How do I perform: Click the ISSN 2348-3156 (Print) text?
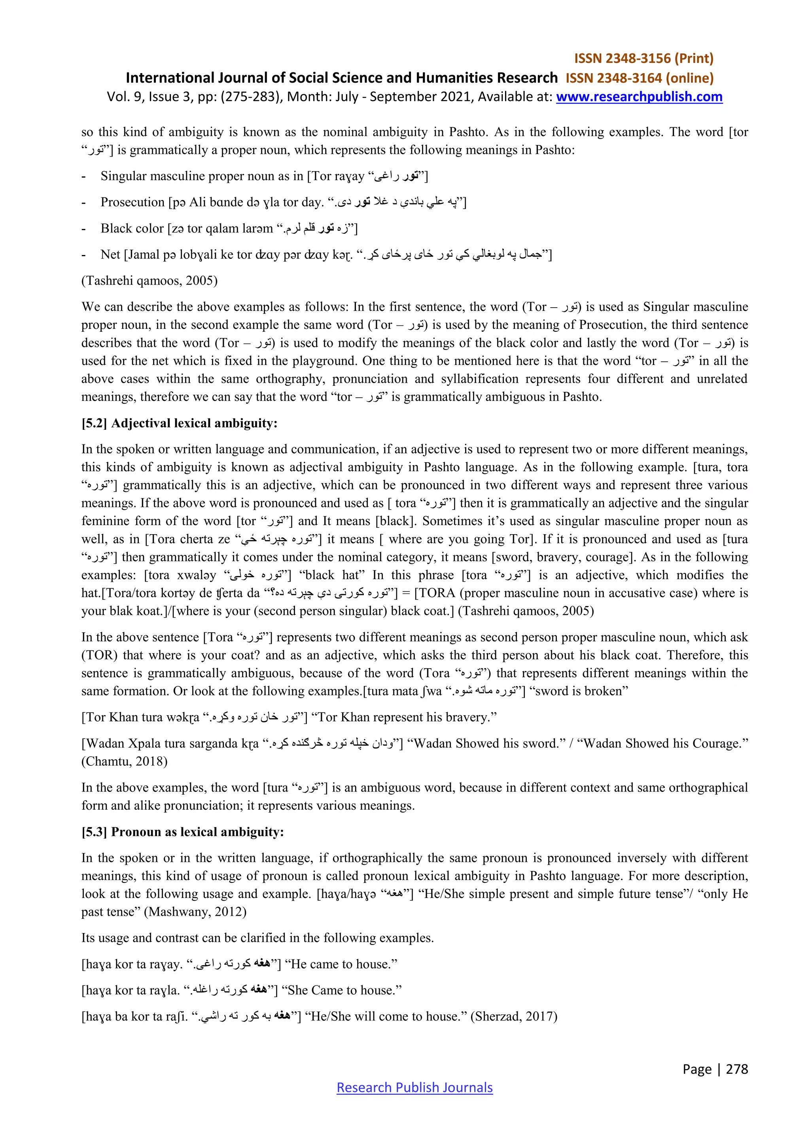click(x=643, y=59)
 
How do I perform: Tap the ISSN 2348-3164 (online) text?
click(x=640, y=78)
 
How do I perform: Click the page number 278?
click(x=737, y=1069)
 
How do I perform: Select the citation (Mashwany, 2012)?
click(x=195, y=912)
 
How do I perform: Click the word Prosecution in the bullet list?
click(x=132, y=202)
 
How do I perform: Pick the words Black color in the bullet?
click(x=132, y=229)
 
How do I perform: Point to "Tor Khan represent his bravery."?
click(x=404, y=718)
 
